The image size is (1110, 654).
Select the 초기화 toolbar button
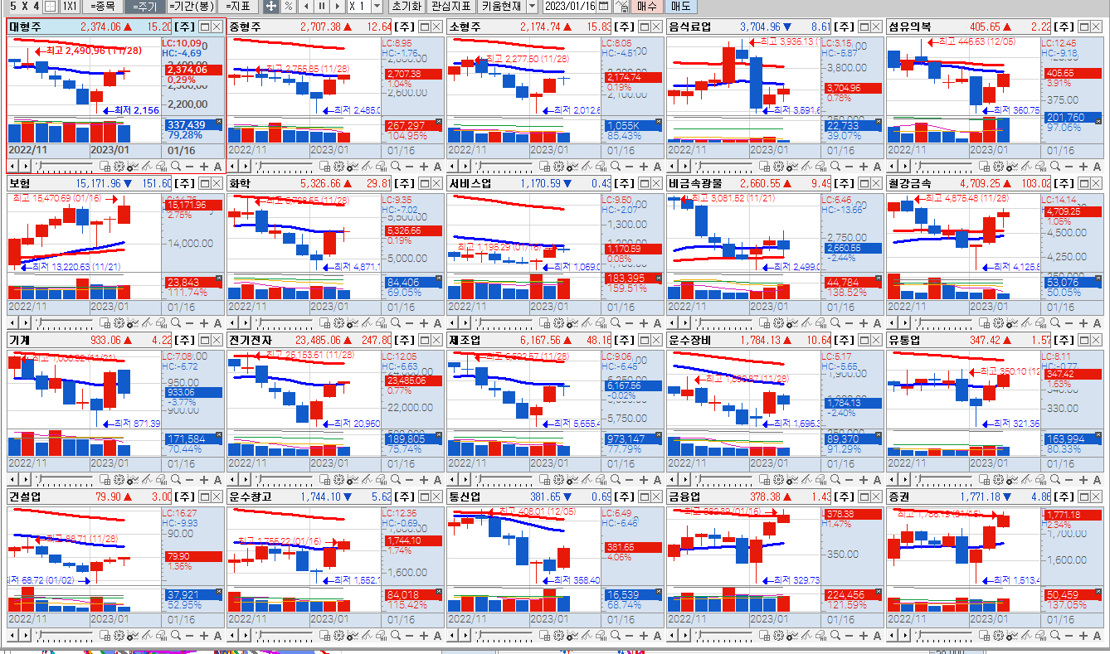407,6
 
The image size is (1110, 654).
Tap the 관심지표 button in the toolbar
451,6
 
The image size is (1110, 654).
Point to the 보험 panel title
20,183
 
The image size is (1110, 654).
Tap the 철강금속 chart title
910,183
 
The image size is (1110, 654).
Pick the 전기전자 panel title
250,340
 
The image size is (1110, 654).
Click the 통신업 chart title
465,497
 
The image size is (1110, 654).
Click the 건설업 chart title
25,497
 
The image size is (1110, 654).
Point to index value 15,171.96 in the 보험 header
99,183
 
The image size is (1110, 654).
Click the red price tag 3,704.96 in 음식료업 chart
844,88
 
